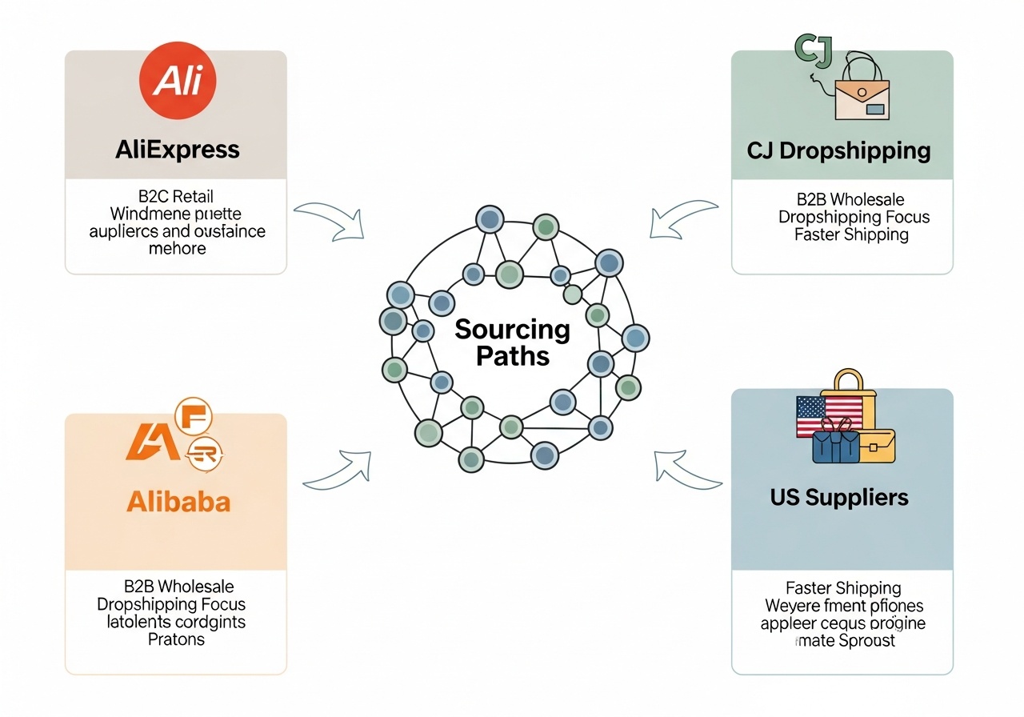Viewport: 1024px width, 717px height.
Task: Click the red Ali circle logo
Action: point(178,81)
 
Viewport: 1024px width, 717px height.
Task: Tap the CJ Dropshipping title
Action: point(839,150)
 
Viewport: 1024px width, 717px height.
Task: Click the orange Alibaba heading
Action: point(178,502)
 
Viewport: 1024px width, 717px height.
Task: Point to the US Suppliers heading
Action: point(839,497)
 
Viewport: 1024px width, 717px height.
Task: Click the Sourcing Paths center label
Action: point(512,342)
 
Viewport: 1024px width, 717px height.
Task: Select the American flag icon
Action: point(829,416)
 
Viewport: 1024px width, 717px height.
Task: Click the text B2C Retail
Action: point(175,197)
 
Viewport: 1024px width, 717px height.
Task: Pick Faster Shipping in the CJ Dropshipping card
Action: point(851,234)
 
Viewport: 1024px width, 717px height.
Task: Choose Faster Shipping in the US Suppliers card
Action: point(843,588)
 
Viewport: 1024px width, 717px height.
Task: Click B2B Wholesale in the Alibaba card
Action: point(178,587)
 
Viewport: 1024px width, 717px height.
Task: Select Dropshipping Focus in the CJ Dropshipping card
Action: point(854,217)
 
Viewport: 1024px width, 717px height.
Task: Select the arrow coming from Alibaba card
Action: point(338,470)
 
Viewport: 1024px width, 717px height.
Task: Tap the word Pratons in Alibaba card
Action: point(176,639)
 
